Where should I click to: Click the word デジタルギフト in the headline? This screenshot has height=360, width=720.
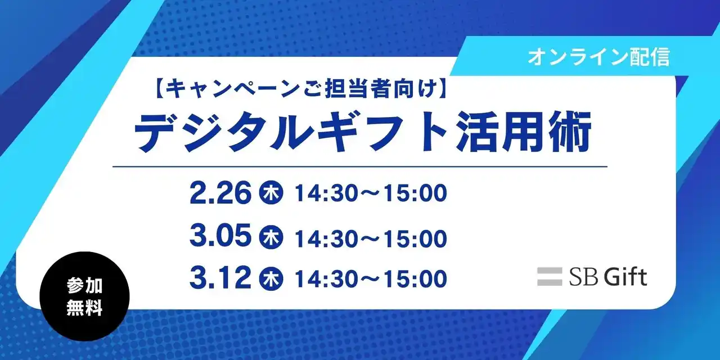click(x=292, y=133)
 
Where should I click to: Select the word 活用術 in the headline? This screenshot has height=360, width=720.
click(x=524, y=133)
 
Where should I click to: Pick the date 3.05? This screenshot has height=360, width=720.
click(x=220, y=237)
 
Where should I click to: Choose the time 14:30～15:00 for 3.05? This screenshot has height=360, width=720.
click(x=371, y=238)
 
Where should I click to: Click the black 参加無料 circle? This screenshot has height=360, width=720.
click(x=84, y=296)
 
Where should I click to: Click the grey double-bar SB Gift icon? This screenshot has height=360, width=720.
click(x=550, y=277)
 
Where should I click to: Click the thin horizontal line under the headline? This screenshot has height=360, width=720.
click(x=360, y=166)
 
